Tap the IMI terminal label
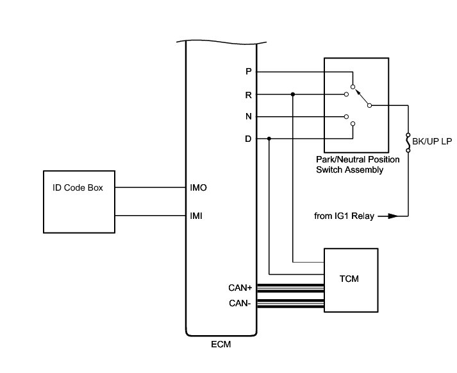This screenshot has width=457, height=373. pos(197,216)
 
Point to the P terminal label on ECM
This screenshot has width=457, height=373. pos(249,72)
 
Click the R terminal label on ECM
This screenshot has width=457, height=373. pos(249,94)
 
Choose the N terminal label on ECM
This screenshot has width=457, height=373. pos(249,117)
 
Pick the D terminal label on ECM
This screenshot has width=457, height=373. pos(249,139)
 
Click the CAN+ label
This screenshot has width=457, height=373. pos(240,288)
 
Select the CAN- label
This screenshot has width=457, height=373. pos(240,302)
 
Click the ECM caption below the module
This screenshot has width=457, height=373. pos(220,345)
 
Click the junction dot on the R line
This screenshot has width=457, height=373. pos(292,94)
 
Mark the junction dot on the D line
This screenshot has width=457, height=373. pos(269,139)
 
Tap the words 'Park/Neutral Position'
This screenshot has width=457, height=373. pos(356,159)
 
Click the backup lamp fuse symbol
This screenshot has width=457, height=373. pos(408,142)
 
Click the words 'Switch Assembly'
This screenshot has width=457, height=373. pos(350,169)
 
